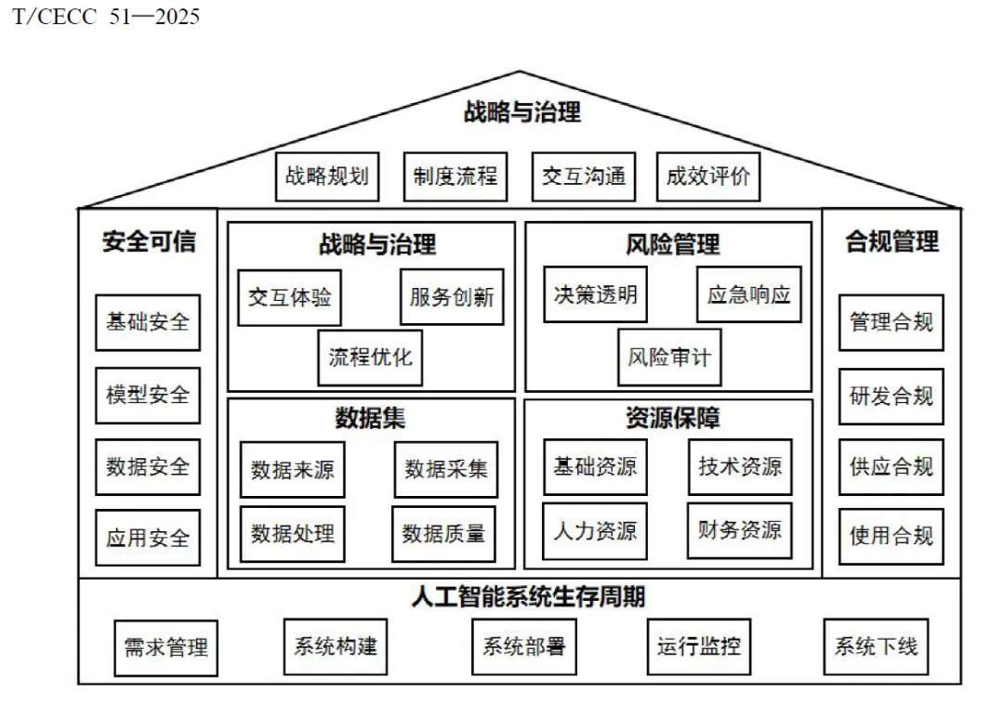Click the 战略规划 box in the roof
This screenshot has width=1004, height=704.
327,176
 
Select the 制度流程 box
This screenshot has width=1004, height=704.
456,176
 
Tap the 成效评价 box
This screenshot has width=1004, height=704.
707,176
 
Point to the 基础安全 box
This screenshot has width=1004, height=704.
148,322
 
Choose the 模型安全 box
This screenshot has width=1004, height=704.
148,395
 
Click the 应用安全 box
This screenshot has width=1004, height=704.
148,537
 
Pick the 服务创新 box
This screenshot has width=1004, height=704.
452,297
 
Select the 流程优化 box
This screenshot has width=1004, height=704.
370,357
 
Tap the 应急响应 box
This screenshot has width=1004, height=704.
748,295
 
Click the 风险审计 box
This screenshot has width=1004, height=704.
669,357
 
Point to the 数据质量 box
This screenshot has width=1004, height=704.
443,533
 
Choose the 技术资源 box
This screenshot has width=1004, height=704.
740,466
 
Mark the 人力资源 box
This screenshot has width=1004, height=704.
595,531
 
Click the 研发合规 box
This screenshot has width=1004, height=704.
891,396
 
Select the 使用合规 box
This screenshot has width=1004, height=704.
891,536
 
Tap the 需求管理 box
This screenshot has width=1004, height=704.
166,647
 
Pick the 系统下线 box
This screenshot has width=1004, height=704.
876,645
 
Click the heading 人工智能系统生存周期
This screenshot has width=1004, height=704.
528,596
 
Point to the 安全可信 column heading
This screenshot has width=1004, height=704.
149,241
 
